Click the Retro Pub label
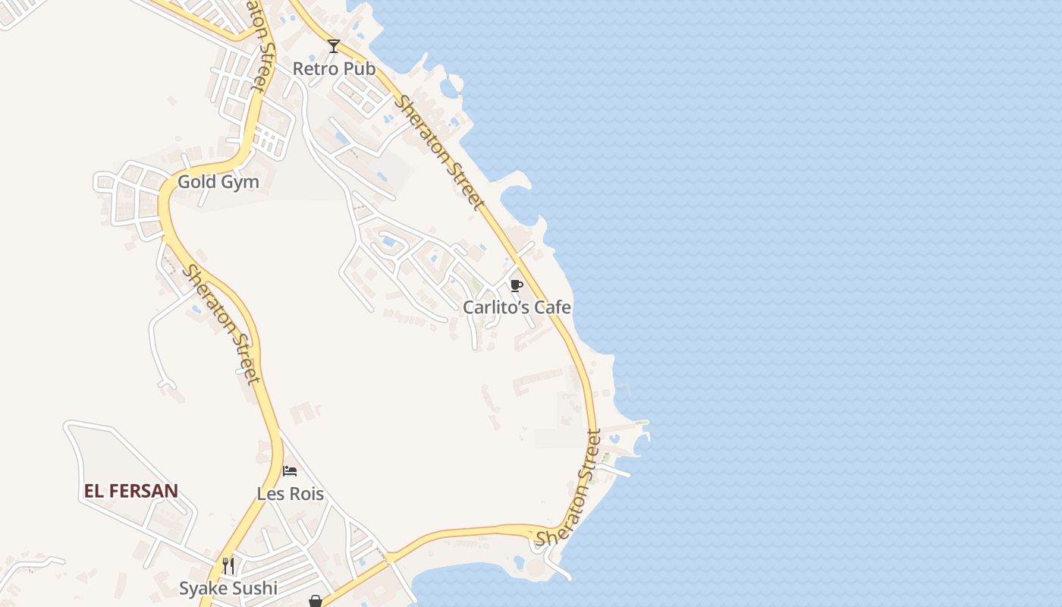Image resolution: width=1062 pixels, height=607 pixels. click(x=334, y=68)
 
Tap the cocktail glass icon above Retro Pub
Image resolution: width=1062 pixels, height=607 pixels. click(x=334, y=46)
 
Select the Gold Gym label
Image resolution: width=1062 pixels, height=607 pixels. click(x=218, y=182)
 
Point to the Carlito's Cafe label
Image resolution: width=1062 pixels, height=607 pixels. click(x=517, y=307)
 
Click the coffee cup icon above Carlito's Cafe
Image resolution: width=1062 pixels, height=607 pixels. click(x=517, y=285)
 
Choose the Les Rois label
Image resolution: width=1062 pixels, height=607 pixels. click(x=291, y=494)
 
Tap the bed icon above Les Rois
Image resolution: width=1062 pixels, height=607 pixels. click(x=290, y=471)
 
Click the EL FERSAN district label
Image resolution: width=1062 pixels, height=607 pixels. click(x=131, y=491)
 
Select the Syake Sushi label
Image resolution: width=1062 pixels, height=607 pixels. click(x=228, y=588)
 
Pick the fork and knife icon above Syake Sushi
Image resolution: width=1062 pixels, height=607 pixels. click(x=228, y=565)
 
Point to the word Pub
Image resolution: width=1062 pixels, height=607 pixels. click(x=359, y=68)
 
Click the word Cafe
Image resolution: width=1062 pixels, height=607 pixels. click(x=553, y=307)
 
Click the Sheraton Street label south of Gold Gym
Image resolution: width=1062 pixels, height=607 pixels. click(x=221, y=324)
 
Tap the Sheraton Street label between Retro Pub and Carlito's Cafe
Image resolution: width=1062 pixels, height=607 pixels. click(x=438, y=152)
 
